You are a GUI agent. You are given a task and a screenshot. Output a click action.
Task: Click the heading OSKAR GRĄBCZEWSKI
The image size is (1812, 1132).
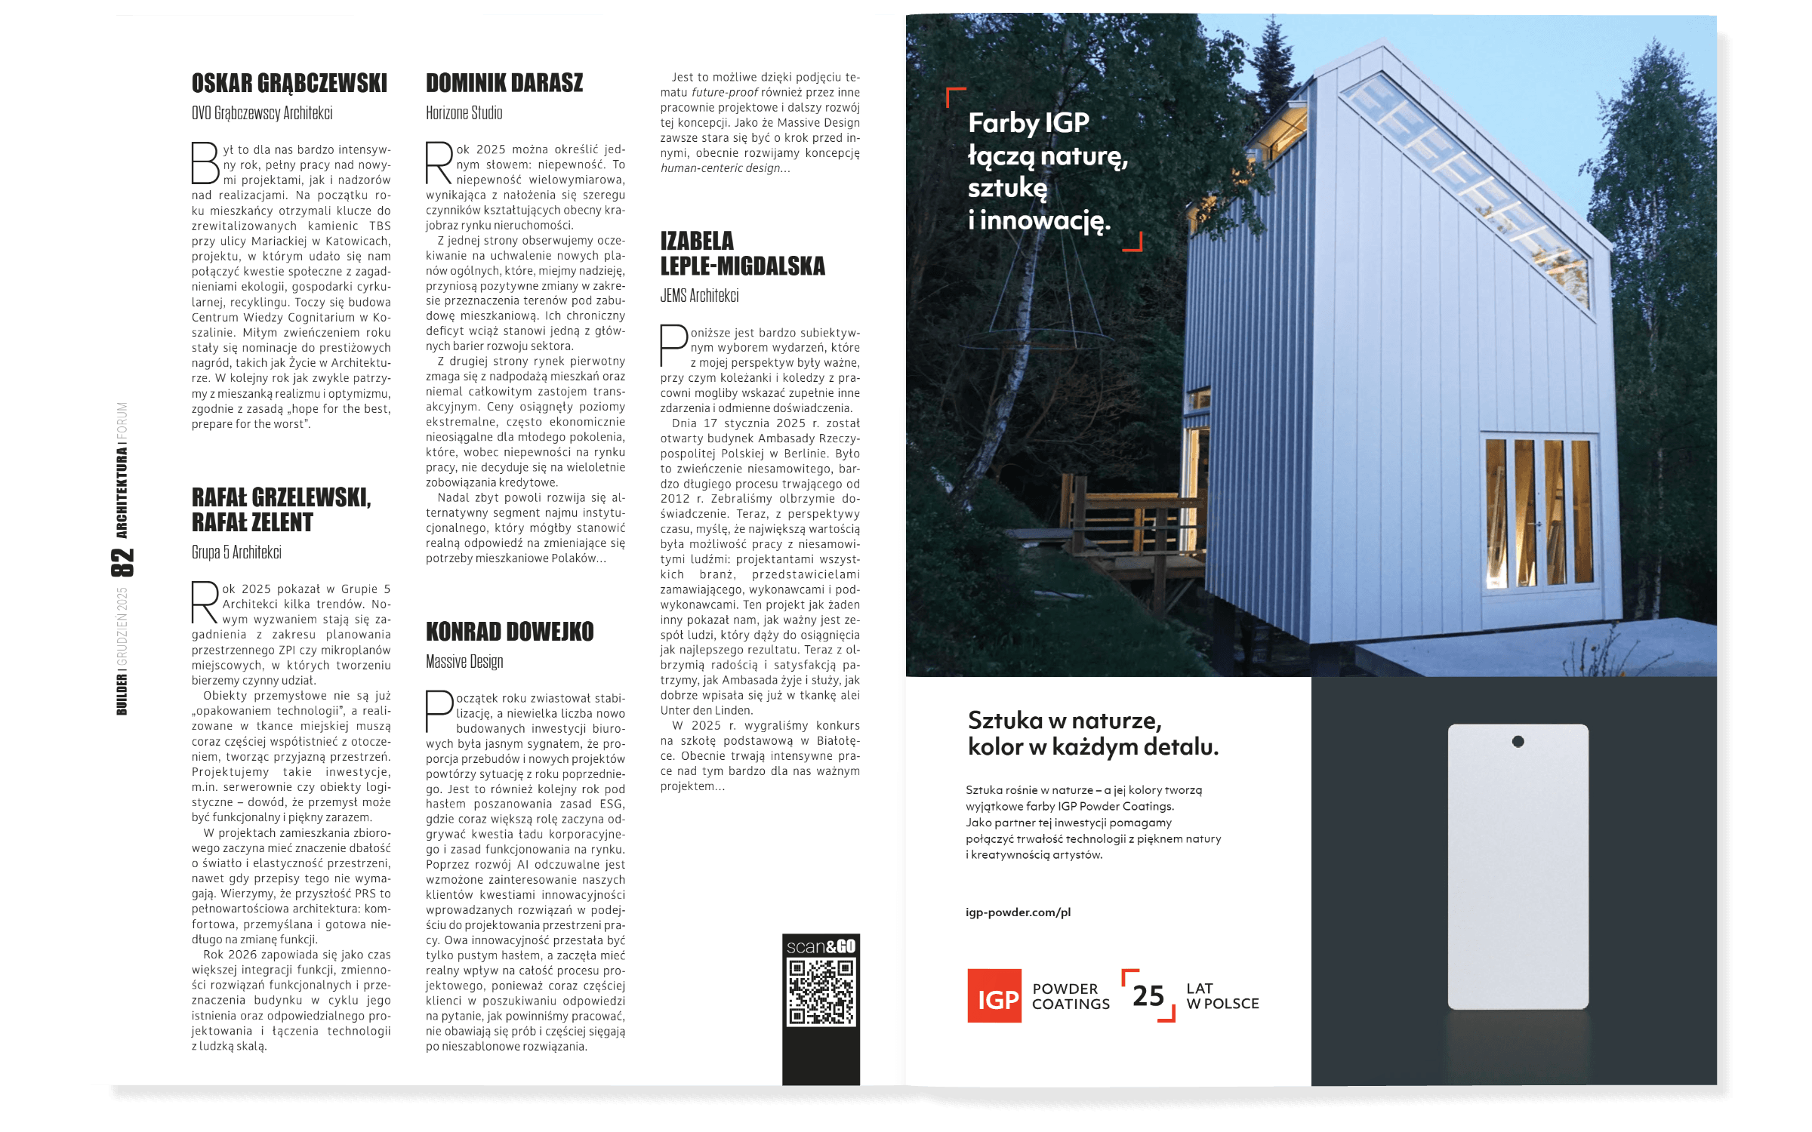click(289, 83)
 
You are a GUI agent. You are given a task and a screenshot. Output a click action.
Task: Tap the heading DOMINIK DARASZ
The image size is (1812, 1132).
click(504, 83)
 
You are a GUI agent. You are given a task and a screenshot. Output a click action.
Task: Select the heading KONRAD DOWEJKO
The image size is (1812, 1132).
click(510, 632)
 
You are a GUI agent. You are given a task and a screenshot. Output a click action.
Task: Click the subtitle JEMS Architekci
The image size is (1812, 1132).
click(699, 296)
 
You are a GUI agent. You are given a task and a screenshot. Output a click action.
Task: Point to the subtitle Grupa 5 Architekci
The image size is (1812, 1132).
click(236, 552)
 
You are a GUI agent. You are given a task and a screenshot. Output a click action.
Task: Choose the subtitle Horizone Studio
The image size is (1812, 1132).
click(464, 113)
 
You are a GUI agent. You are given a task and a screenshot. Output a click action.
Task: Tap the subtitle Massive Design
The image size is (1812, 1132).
click(464, 662)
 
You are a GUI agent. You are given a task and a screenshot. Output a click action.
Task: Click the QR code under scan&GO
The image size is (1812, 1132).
click(821, 992)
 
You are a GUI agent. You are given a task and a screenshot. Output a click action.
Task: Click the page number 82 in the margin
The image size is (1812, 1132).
click(122, 562)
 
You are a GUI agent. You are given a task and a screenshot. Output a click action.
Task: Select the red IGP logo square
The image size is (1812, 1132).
click(994, 996)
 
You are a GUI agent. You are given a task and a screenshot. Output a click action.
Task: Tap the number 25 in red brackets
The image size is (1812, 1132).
click(1148, 996)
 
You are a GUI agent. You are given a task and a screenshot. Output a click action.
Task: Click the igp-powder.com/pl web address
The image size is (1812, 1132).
click(1018, 912)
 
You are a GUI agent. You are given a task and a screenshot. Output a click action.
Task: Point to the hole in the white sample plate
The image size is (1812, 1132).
click(1518, 742)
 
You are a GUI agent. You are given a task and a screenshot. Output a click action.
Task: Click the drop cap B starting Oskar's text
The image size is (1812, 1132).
click(205, 163)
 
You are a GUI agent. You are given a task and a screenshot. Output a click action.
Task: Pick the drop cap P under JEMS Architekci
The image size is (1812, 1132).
click(673, 346)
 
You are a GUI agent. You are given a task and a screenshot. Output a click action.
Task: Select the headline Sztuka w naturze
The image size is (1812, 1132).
click(1065, 721)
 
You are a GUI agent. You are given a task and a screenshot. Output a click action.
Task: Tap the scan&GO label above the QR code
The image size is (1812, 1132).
click(821, 946)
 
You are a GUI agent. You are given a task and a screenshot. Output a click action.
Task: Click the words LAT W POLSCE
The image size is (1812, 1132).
click(1222, 996)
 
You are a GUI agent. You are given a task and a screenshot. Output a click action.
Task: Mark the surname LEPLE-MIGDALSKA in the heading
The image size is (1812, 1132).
click(743, 266)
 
